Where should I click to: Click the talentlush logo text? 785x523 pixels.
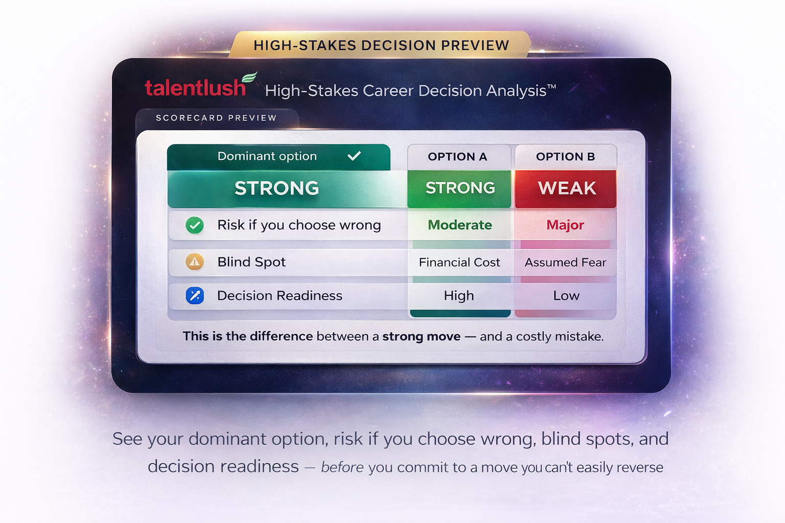pyautogui.click(x=195, y=88)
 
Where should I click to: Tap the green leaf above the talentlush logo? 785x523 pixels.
pyautogui.click(x=249, y=78)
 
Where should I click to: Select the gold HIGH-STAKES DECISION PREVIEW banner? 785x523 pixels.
pyautogui.click(x=381, y=45)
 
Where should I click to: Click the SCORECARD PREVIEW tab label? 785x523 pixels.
pyautogui.click(x=216, y=118)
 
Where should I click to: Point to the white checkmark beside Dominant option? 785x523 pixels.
pyautogui.click(x=354, y=156)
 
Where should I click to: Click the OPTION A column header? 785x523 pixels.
pyautogui.click(x=457, y=157)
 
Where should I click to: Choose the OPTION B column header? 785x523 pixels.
pyautogui.click(x=565, y=157)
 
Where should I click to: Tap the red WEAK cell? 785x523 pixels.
pyautogui.click(x=566, y=188)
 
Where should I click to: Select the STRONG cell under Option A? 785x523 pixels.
pyautogui.click(x=460, y=188)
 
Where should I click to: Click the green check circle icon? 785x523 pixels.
pyautogui.click(x=195, y=225)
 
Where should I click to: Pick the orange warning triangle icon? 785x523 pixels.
pyautogui.click(x=195, y=262)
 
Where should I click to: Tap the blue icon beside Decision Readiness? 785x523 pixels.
pyautogui.click(x=195, y=296)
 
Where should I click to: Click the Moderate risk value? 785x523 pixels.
pyautogui.click(x=460, y=225)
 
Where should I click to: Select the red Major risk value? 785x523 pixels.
pyautogui.click(x=565, y=225)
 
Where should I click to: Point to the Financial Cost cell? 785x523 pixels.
pyautogui.click(x=459, y=263)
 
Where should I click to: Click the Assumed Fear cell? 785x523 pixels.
pyautogui.click(x=565, y=263)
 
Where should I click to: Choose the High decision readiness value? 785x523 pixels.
pyautogui.click(x=459, y=296)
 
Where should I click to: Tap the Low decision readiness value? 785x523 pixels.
pyautogui.click(x=566, y=296)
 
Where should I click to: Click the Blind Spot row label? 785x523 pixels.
pyautogui.click(x=251, y=262)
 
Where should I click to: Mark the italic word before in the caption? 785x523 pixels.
pyautogui.click(x=342, y=467)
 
